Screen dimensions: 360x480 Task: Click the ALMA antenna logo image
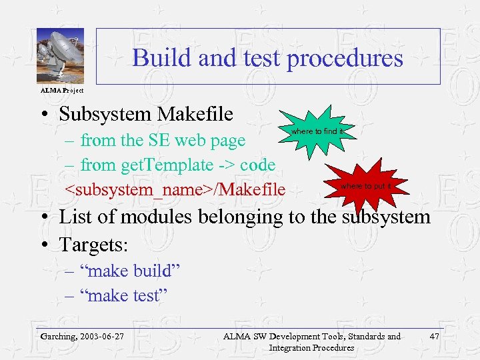60,56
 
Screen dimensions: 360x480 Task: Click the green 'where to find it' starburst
316,131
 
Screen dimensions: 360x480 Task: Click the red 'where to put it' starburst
365,185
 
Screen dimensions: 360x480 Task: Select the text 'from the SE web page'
163,140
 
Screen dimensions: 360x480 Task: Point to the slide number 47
434,336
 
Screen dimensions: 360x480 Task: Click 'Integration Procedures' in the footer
311,347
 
